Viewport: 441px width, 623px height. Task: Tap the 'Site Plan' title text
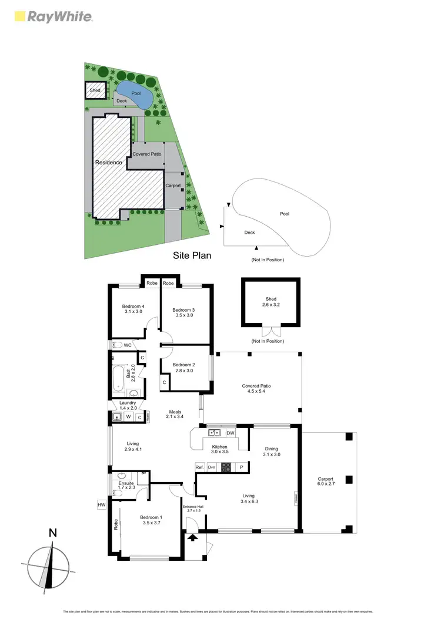[192, 255]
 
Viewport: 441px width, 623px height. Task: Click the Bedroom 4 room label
[133, 307]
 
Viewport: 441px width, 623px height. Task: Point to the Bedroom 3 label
[183, 310]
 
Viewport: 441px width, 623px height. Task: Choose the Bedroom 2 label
[183, 365]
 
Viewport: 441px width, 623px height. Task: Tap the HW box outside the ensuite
[102, 504]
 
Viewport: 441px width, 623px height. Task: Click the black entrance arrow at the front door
[192, 537]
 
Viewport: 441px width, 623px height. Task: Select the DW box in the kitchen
[230, 433]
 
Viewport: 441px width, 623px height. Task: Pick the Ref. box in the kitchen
[199, 467]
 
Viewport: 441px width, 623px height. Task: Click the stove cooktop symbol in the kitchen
[226, 467]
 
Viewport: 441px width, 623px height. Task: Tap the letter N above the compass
[53, 533]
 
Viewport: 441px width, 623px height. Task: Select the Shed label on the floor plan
[270, 299]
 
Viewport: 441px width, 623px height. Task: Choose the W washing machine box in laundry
[128, 417]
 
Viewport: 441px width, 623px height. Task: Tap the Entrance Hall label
[192, 506]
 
